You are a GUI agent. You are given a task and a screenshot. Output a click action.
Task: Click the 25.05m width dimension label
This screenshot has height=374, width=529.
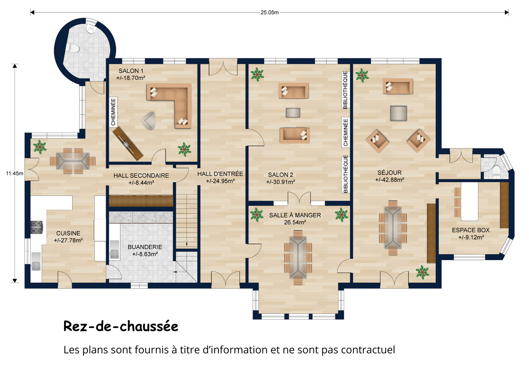(269, 12)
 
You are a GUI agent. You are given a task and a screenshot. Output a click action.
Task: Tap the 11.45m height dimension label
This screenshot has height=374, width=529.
(15, 173)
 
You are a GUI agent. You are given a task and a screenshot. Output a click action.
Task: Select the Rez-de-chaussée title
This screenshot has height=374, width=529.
(121, 326)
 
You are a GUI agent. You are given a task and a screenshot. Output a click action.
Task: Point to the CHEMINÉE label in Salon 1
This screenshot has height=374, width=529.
(113, 112)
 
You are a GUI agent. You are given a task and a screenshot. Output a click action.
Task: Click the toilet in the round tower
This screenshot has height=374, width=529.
(73, 48)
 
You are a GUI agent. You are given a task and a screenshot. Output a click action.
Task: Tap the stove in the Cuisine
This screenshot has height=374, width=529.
(37, 227)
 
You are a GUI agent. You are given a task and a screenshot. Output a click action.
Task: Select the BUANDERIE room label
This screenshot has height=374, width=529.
(145, 247)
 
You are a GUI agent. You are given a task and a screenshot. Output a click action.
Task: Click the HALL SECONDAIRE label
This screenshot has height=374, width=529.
(141, 175)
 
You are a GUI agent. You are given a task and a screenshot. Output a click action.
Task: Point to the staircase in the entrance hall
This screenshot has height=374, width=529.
(187, 221)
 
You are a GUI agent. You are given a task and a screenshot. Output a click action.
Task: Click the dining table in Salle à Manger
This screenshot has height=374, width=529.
(298, 257)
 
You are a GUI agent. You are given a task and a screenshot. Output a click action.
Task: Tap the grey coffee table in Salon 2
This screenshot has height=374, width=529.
(293, 113)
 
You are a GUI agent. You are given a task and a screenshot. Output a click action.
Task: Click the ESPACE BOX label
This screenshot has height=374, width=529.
(471, 230)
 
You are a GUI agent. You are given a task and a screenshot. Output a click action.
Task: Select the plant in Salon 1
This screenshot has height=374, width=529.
(184, 149)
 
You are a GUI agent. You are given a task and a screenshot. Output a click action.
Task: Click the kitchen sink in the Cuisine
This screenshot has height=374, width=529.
(36, 261)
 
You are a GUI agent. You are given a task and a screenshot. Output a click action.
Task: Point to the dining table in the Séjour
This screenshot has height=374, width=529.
(393, 228)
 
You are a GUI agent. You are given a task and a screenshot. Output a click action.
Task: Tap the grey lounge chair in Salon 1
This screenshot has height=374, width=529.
(149, 121)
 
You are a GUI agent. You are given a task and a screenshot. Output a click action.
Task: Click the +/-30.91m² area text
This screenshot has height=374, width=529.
(281, 182)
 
